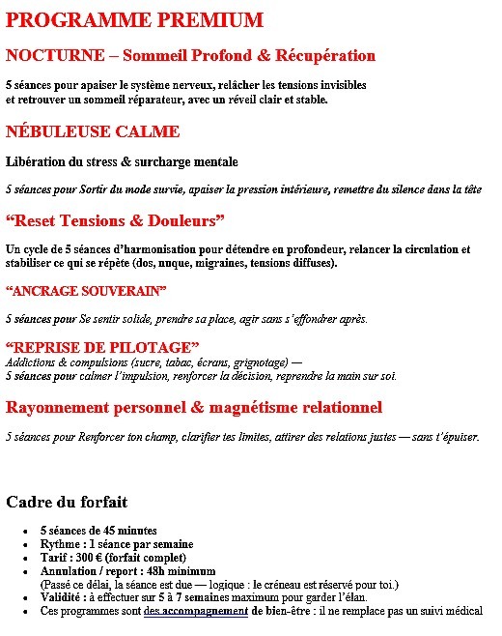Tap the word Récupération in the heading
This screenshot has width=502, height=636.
click(x=326, y=55)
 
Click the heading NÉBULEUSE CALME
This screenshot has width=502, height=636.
click(x=93, y=131)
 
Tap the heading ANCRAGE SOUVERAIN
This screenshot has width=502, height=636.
click(x=86, y=291)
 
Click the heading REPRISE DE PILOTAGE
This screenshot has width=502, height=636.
click(x=102, y=347)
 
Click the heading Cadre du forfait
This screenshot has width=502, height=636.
click(x=67, y=502)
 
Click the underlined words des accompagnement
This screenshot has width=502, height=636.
click(x=196, y=611)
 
